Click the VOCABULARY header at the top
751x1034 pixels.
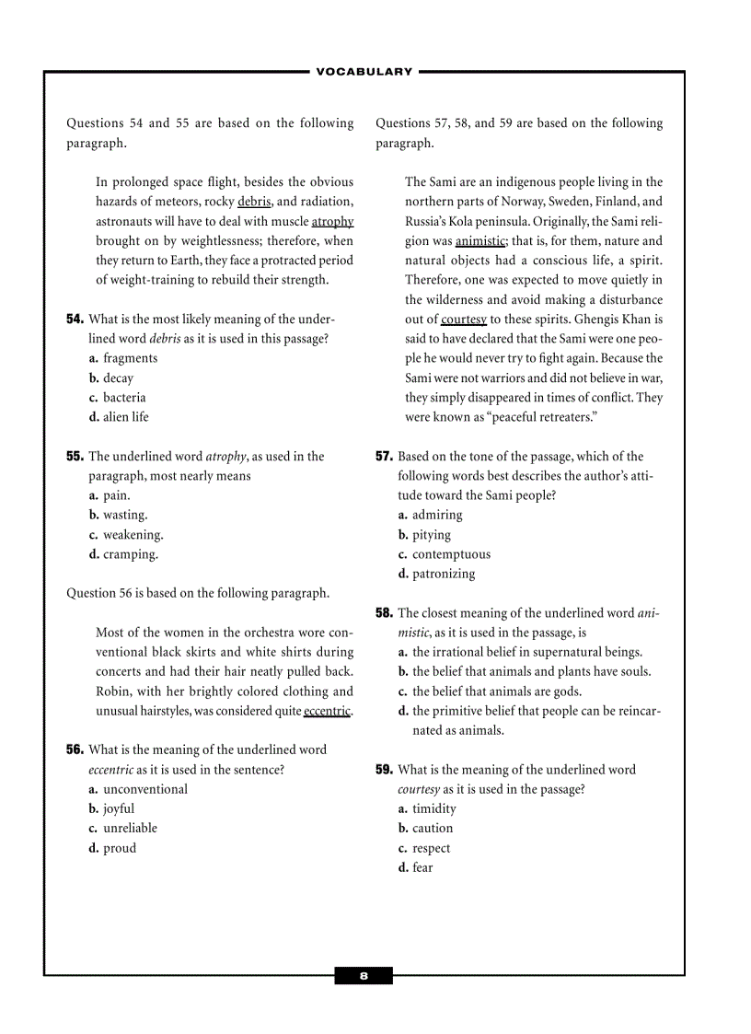(364, 72)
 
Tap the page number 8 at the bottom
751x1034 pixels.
(364, 976)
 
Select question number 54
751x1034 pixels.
(75, 319)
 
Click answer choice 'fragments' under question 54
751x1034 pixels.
(130, 358)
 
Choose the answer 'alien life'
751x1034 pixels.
(125, 417)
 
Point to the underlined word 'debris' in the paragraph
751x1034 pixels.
(254, 202)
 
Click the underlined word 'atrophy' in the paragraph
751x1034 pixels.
(332, 222)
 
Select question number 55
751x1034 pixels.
(75, 457)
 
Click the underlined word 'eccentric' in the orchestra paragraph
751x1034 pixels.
(328, 711)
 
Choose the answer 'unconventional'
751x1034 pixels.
(144, 789)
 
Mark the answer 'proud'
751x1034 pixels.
(119, 848)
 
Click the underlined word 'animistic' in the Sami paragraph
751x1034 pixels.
(480, 241)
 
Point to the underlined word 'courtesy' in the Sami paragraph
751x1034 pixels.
(464, 319)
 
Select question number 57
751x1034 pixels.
(384, 457)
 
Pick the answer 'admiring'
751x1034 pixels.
(437, 516)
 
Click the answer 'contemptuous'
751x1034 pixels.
(451, 554)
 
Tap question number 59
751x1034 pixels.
(384, 770)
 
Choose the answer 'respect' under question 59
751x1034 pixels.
(431, 848)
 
